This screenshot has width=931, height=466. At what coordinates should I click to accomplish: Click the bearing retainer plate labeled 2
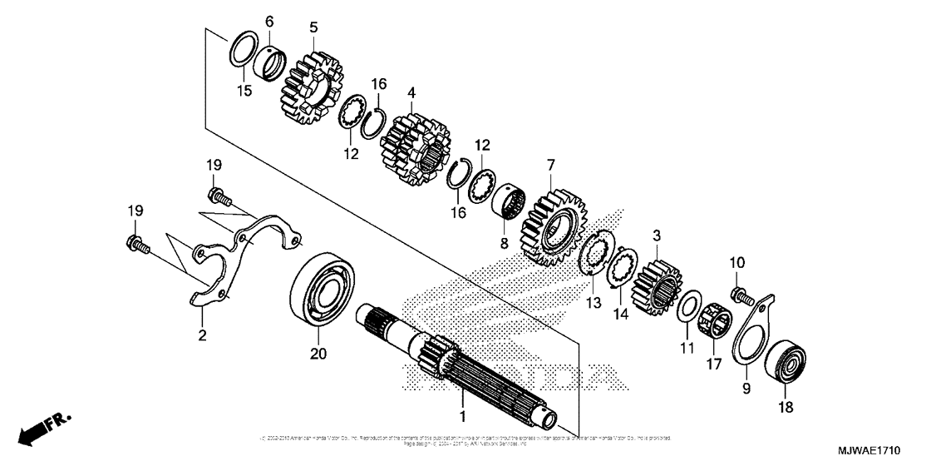218,264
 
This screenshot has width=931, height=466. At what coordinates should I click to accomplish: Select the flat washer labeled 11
687,305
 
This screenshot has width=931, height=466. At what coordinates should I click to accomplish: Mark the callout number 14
617,315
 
